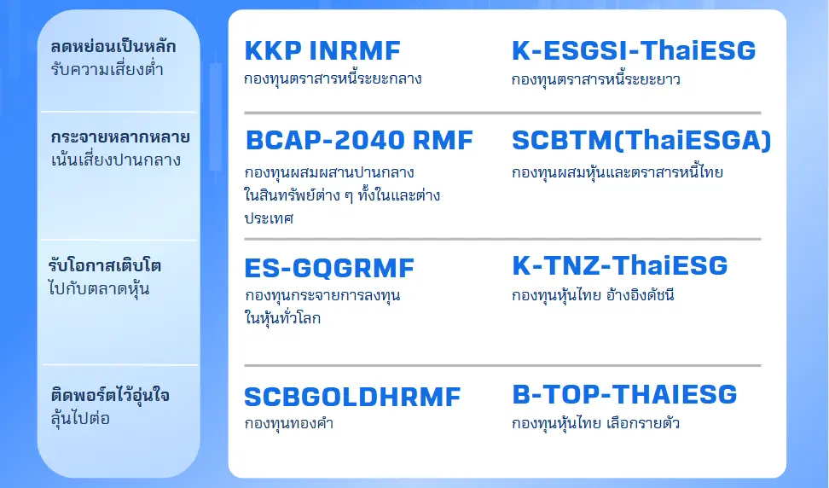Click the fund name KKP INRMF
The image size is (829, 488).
coord(322,51)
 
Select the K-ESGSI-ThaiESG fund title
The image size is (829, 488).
coord(634,51)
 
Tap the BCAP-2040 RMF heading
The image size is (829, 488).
coord(358,141)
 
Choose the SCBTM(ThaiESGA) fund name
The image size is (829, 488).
coord(641,141)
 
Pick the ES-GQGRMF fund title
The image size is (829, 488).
coord(329,269)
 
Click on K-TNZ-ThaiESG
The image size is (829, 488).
coord(620,265)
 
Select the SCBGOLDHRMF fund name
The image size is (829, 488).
coord(352,397)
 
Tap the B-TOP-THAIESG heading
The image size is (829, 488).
coord(625,394)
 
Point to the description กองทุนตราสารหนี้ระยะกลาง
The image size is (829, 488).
coord(333,79)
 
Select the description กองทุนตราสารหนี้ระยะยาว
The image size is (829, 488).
coord(596,80)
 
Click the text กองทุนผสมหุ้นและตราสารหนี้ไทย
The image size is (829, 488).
coord(617,172)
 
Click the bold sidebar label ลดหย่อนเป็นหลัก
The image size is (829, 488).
coord(113,47)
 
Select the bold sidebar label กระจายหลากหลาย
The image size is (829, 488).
coord(119,137)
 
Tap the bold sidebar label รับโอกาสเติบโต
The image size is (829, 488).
coord(106,265)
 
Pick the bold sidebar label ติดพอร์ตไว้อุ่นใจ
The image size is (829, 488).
coord(109,396)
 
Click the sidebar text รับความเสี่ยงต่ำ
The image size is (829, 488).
coord(107,69)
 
